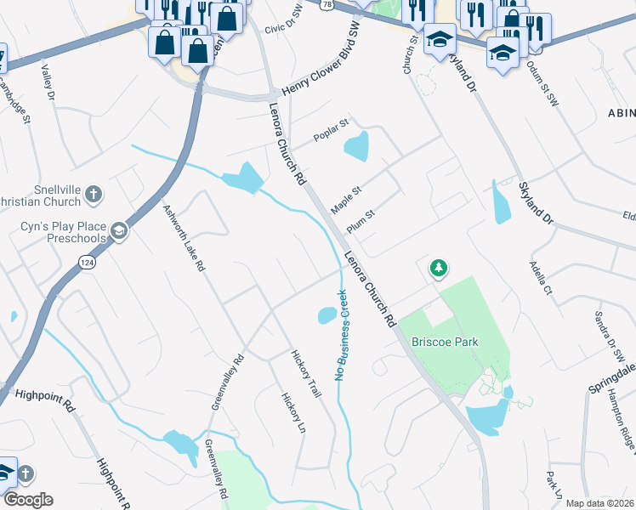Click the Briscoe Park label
[x=445, y=342]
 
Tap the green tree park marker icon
[x=438, y=269]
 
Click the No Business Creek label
[x=342, y=335]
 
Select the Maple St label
[x=346, y=201]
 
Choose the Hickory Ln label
[x=293, y=411]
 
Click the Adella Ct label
[x=541, y=277]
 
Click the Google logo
[x=28, y=500]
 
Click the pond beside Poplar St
[x=357, y=147]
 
